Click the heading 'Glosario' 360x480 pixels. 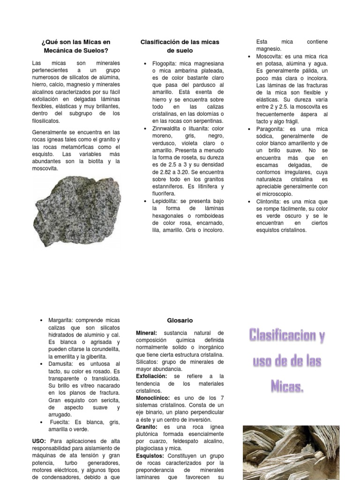click(180, 321)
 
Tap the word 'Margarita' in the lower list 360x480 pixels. click(62, 320)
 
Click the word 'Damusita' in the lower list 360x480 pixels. click(61, 364)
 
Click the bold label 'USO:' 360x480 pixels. click(39, 441)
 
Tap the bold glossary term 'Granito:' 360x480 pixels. click(148, 427)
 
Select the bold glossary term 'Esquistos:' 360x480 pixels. click(150, 456)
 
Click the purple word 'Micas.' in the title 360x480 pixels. click(287, 386)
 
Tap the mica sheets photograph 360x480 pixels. click(291, 452)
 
